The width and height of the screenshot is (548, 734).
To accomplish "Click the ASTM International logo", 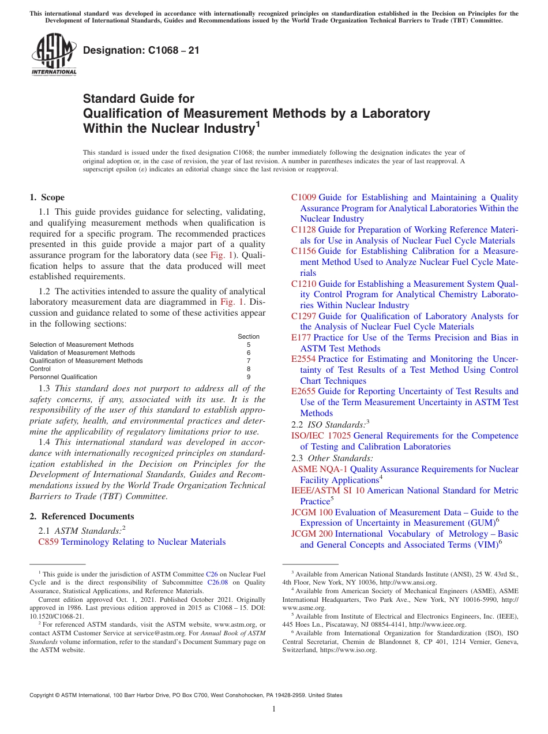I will tap(54, 55).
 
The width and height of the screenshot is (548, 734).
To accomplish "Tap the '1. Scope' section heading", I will tap(47, 197).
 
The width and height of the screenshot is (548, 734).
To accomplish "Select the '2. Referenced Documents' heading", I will tap(81, 516).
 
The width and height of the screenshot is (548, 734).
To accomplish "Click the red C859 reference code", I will tap(48, 542).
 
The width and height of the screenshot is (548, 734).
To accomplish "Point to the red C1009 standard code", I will tap(303, 197).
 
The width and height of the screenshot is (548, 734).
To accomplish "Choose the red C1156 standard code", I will tap(303, 251).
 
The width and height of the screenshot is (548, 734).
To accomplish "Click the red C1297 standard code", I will tap(303, 316).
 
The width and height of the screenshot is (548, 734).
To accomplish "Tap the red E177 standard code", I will tap(301, 338).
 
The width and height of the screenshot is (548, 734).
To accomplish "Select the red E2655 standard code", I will tap(303, 391).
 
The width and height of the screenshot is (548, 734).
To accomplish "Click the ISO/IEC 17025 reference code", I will tap(321, 436).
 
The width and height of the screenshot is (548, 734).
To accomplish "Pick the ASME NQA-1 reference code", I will tap(320, 469).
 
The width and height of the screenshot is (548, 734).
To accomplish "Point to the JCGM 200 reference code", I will tap(311, 534).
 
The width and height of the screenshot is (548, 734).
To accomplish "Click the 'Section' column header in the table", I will tap(249, 336).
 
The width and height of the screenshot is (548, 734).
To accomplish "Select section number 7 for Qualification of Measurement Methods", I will tap(249, 361).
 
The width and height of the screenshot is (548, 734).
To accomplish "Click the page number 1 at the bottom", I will tap(274, 709).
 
